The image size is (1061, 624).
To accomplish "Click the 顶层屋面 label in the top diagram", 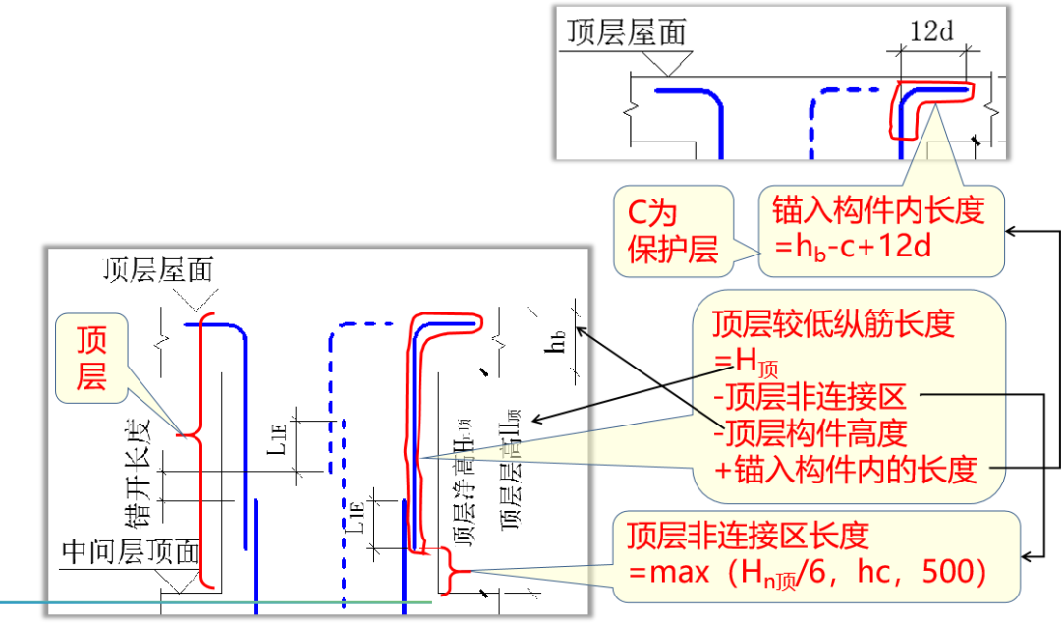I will tap(626, 31).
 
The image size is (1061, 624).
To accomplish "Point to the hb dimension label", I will tap(558, 342).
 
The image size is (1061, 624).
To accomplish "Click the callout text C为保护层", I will tap(673, 231).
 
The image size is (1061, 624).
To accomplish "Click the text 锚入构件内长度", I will tap(877, 210).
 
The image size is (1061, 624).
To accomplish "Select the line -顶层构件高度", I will tap(808, 433).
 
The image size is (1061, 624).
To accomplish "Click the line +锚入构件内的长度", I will tap(845, 470).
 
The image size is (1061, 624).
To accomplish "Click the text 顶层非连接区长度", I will tap(749, 536).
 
